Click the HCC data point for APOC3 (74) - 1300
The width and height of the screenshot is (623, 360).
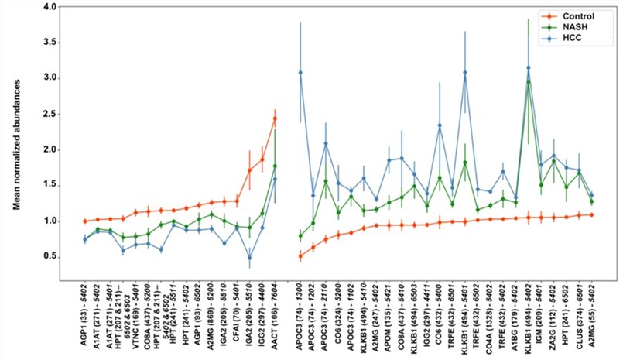tap(300, 73)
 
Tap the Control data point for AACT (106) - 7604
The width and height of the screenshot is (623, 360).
tap(275, 118)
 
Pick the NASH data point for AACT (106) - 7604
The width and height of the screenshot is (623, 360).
tap(275, 166)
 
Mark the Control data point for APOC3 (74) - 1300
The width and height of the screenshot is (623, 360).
tap(300, 255)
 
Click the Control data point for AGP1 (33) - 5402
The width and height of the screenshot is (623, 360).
tap(84, 221)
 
